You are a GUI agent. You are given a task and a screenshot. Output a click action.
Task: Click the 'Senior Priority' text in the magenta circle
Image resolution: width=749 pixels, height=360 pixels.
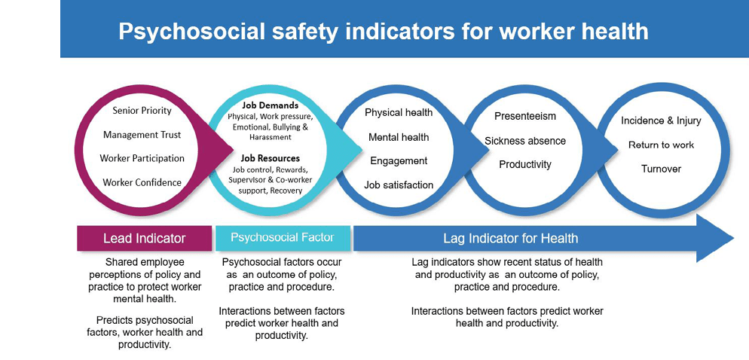tap(142, 111)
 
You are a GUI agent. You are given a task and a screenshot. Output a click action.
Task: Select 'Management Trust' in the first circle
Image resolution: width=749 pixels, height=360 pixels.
tap(142, 135)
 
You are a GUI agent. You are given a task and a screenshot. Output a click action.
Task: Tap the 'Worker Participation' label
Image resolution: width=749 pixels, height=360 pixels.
tap(142, 158)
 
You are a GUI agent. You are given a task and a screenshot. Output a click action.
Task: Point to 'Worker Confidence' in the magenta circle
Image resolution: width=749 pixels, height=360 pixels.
tap(142, 182)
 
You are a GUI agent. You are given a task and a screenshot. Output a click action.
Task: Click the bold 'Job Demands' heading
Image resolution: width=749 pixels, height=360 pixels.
tap(271, 105)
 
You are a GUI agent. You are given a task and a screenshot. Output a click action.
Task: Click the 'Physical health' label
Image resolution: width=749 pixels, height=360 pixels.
tap(399, 113)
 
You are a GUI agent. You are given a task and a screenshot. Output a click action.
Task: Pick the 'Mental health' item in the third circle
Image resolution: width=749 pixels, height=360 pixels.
tap(399, 138)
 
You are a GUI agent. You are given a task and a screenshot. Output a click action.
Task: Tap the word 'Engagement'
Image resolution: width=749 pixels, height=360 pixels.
tap(399, 161)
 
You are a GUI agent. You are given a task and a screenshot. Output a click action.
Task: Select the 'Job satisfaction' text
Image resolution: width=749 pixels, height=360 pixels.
tap(399, 185)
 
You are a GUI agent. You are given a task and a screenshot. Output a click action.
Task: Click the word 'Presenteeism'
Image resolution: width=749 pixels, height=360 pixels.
tap(525, 116)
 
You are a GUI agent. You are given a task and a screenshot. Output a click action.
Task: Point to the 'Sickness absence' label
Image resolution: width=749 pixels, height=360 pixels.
tap(525, 141)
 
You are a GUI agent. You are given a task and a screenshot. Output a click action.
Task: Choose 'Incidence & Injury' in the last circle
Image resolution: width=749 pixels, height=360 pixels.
tap(661, 121)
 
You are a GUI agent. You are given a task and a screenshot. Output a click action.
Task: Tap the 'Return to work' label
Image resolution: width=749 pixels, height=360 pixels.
tap(661, 145)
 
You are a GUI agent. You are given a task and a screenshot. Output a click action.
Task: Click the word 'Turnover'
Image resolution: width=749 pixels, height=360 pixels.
tap(661, 169)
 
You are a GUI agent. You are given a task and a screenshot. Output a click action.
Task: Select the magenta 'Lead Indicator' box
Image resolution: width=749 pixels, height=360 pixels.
tap(144, 238)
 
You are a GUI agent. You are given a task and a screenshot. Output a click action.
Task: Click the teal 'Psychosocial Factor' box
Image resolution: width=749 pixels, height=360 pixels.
tap(283, 238)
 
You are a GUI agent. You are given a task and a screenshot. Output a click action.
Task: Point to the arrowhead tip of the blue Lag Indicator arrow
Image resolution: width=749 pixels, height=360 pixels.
tap(734, 238)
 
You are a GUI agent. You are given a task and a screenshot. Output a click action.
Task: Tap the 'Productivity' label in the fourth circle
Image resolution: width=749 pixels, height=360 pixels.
tap(525, 164)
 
